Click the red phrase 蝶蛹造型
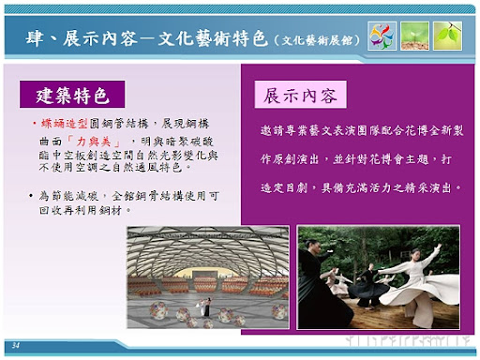(x=65, y=123)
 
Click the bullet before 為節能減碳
(x=31, y=195)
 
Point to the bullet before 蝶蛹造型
(x=31, y=123)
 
